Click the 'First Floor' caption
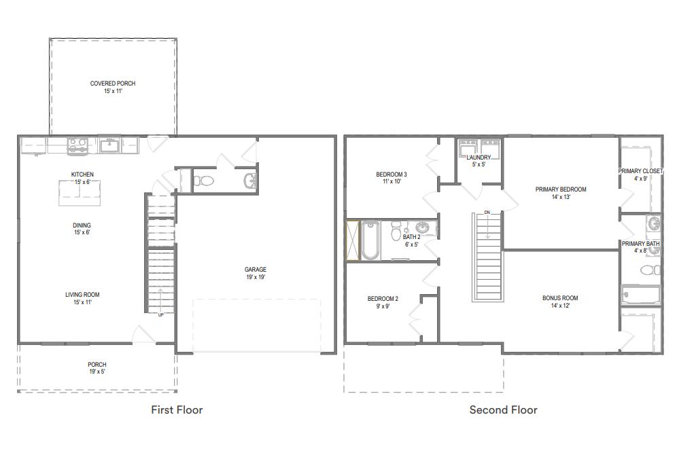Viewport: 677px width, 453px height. pyautogui.click(x=177, y=410)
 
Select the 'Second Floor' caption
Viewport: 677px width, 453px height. pyautogui.click(x=503, y=410)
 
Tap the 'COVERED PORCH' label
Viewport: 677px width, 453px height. pyautogui.click(x=113, y=84)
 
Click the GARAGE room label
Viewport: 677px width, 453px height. pyautogui.click(x=256, y=270)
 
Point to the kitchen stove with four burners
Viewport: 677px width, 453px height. pyautogui.click(x=77, y=145)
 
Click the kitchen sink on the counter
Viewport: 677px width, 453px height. pyautogui.click(x=109, y=145)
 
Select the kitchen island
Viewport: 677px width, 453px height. pyautogui.click(x=80, y=193)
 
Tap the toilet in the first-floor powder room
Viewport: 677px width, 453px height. pyautogui.click(x=203, y=181)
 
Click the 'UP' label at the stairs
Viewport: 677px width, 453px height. pyautogui.click(x=160, y=314)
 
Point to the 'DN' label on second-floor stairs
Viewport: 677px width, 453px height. pyautogui.click(x=487, y=213)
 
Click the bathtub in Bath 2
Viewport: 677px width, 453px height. pyautogui.click(x=370, y=240)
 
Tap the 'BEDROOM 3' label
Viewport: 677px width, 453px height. pyautogui.click(x=392, y=175)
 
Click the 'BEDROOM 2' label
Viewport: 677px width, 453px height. pyautogui.click(x=383, y=299)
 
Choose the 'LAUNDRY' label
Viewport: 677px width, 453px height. pyautogui.click(x=479, y=158)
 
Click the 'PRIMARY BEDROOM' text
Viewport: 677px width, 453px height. pyautogui.click(x=560, y=189)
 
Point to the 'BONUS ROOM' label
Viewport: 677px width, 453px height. pyautogui.click(x=560, y=298)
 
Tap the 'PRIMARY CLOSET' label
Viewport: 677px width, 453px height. pyautogui.click(x=640, y=171)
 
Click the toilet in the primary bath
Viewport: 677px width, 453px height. pyautogui.click(x=649, y=270)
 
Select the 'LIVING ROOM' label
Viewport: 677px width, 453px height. pyautogui.click(x=82, y=295)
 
